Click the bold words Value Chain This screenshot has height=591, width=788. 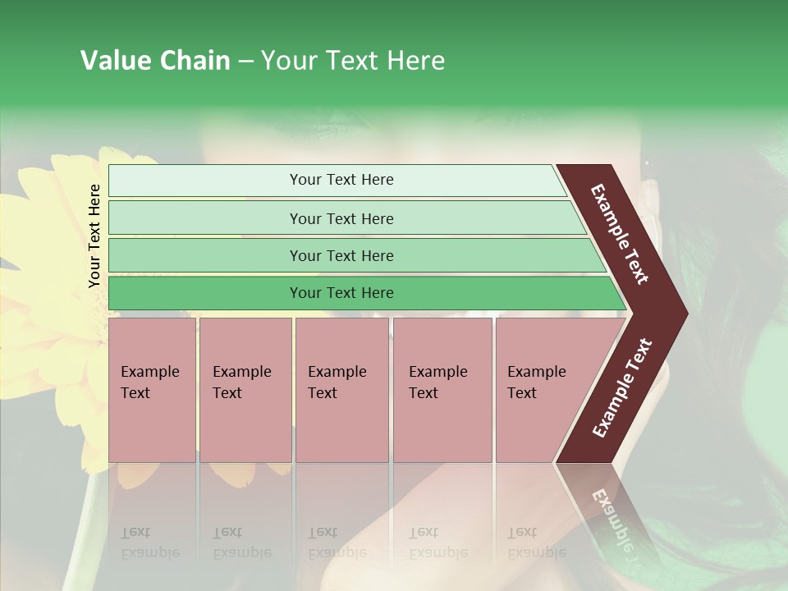click(155, 61)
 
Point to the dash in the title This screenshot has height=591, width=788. click(245, 62)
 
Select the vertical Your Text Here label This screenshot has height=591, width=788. click(94, 236)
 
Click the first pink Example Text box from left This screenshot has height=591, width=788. click(152, 390)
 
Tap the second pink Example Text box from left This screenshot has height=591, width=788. click(245, 390)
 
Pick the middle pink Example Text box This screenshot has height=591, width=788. click(342, 390)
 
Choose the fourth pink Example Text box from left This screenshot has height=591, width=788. click(442, 390)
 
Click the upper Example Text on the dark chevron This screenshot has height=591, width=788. click(620, 234)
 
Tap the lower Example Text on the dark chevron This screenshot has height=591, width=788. click(621, 388)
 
